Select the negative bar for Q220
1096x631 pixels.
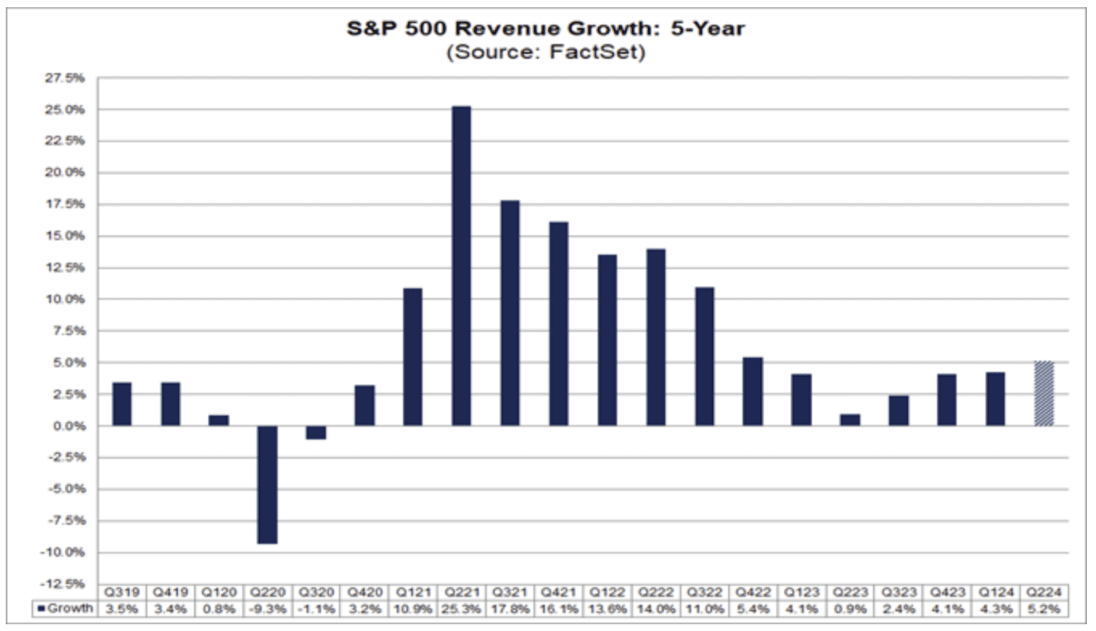pyautogui.click(x=267, y=484)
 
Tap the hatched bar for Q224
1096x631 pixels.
pyautogui.click(x=1044, y=393)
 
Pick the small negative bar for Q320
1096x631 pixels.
pyautogui.click(x=316, y=432)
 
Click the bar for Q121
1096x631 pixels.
pyautogui.click(x=413, y=357)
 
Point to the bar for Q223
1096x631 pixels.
pyautogui.click(x=850, y=420)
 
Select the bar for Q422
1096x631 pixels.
pyautogui.click(x=753, y=391)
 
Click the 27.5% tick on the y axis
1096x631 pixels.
pyautogui.click(x=64, y=78)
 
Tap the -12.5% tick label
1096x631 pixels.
pyautogui.click(x=62, y=584)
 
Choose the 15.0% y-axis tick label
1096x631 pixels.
pyautogui.click(x=64, y=236)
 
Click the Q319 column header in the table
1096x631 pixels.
pyautogui.click(x=122, y=592)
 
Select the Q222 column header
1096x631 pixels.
pyautogui.click(x=656, y=592)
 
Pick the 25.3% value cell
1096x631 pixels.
pyautogui.click(x=461, y=609)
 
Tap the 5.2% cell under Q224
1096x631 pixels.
pyautogui.click(x=1044, y=609)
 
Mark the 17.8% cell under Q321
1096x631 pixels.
pyautogui.click(x=510, y=609)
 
